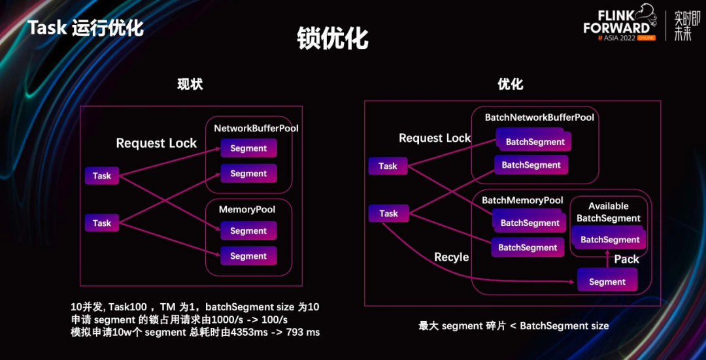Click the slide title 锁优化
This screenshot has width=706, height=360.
pyautogui.click(x=333, y=38)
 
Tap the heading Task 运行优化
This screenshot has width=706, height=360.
pyautogui.click(x=85, y=28)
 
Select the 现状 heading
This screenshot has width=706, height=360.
pyautogui.click(x=190, y=84)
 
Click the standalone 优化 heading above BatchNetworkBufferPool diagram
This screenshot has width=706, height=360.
pyautogui.click(x=511, y=84)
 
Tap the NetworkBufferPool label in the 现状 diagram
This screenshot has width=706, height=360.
pyautogui.click(x=256, y=128)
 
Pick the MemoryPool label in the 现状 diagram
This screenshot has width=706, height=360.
pyautogui.click(x=247, y=210)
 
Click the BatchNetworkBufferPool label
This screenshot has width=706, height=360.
pyautogui.click(x=539, y=118)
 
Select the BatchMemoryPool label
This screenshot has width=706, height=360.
pyautogui.click(x=522, y=200)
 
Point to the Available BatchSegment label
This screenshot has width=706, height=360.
pyautogui.click(x=609, y=212)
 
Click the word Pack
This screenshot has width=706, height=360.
pyautogui.click(x=626, y=259)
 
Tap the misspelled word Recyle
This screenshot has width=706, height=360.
pyautogui.click(x=452, y=257)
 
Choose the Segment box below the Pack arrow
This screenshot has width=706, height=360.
pyautogui.click(x=607, y=282)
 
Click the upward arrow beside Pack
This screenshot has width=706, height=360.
pyautogui.click(x=607, y=259)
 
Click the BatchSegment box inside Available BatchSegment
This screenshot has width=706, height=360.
pyautogui.click(x=610, y=240)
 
